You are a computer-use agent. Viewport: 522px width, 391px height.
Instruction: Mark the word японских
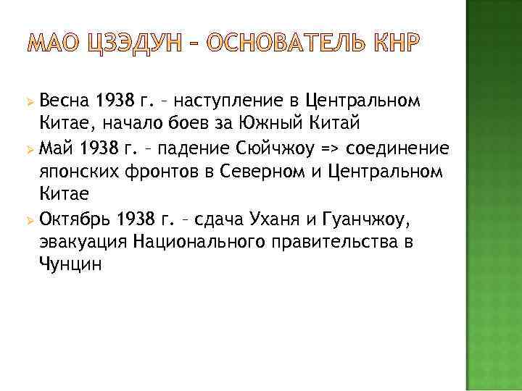coord(79,172)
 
